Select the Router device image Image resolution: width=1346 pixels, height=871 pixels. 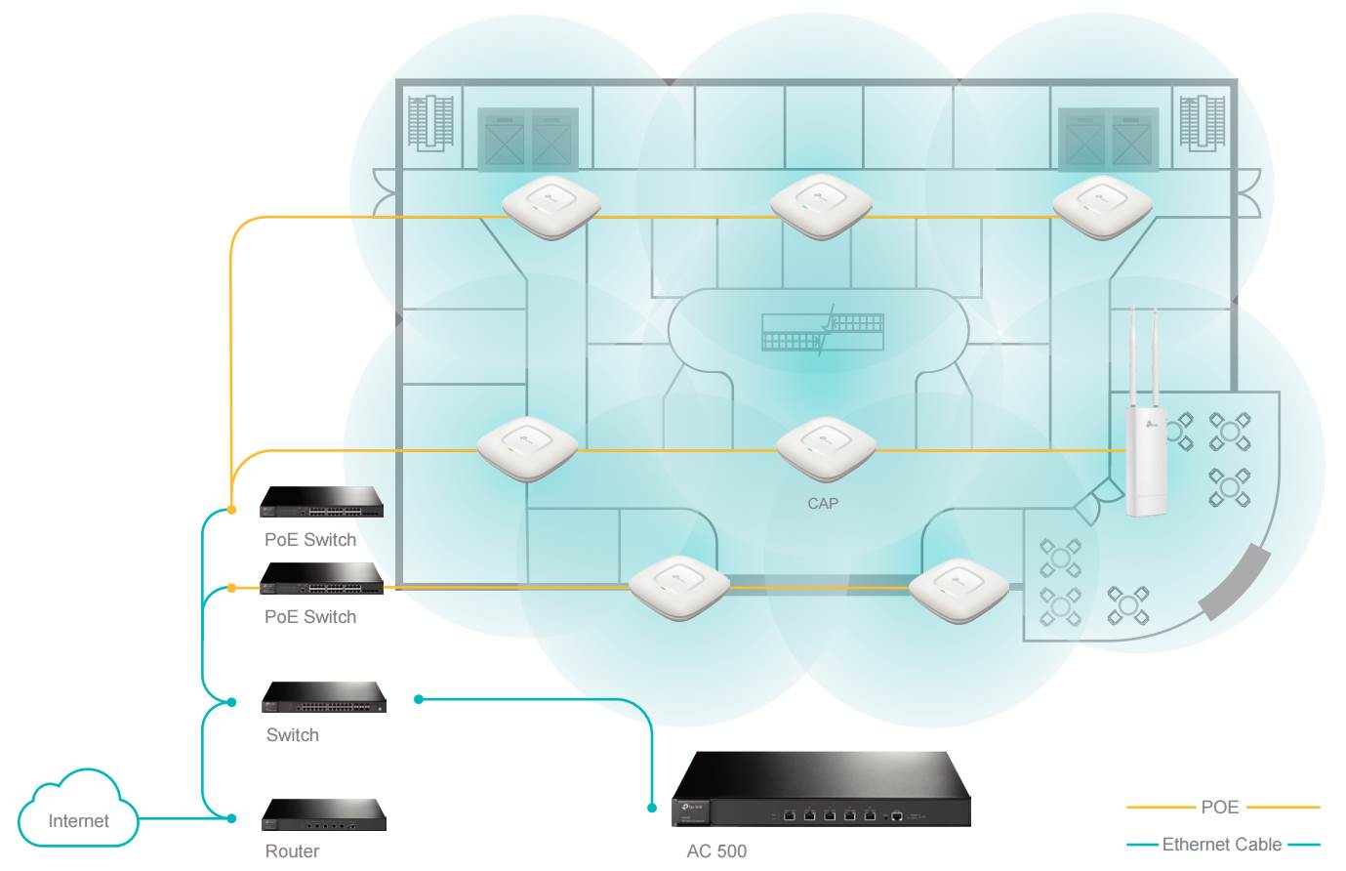point(324,814)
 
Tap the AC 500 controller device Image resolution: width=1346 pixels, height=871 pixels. point(820,790)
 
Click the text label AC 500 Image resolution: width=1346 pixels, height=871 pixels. point(716,850)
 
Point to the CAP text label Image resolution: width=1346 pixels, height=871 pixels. point(823,504)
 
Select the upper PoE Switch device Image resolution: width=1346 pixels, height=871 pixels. point(321,502)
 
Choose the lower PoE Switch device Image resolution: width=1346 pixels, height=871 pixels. point(321,579)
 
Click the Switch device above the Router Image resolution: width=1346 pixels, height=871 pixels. point(324,697)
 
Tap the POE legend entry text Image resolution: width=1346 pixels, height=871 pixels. point(1220,808)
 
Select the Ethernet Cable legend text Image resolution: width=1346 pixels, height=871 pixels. point(1222,845)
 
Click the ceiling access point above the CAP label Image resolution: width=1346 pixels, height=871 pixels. point(826,447)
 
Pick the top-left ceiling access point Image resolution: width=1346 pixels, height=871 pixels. point(551,206)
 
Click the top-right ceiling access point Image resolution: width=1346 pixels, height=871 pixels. point(1102,206)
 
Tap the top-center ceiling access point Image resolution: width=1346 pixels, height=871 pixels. point(821,206)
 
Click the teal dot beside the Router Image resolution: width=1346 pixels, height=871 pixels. point(231,818)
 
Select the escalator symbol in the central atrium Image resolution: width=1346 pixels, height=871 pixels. point(823,331)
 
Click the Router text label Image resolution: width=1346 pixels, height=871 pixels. point(292,851)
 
